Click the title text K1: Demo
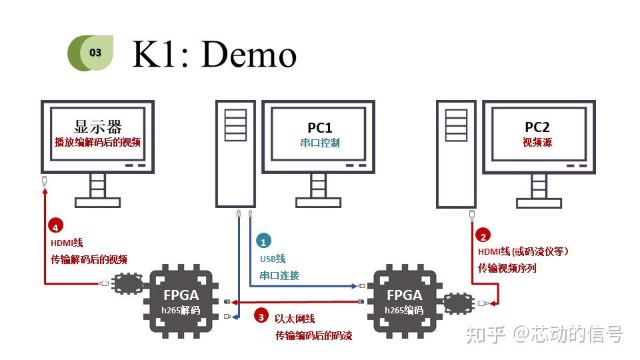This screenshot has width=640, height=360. click(214, 53)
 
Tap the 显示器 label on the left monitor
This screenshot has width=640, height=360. click(98, 127)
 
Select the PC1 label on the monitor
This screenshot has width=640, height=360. click(319, 127)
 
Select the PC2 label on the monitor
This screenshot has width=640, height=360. click(537, 127)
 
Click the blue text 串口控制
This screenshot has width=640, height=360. click(319, 143)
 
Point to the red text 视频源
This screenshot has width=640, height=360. click(537, 143)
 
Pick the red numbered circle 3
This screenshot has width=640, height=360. click(262, 317)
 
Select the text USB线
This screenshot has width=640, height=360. click(273, 259)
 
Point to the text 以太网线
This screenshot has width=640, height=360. click(295, 319)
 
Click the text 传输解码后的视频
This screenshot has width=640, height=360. click(89, 260)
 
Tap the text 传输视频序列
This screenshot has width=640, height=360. click(507, 268)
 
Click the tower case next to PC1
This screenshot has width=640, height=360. click(235, 153)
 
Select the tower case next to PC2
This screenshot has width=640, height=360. click(456, 153)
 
